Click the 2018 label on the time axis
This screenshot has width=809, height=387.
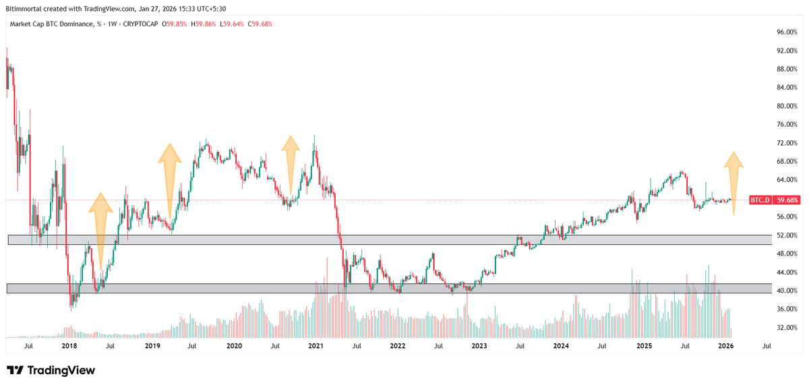pyautogui.click(x=69, y=346)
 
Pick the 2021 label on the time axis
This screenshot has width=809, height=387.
pyautogui.click(x=316, y=346)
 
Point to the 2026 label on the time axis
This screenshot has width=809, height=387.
pyautogui.click(x=725, y=346)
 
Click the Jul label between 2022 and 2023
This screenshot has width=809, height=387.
pyautogui.click(x=438, y=346)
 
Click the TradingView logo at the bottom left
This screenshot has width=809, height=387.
pyautogui.click(x=51, y=370)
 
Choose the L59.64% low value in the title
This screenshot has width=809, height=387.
pyautogui.click(x=234, y=24)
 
